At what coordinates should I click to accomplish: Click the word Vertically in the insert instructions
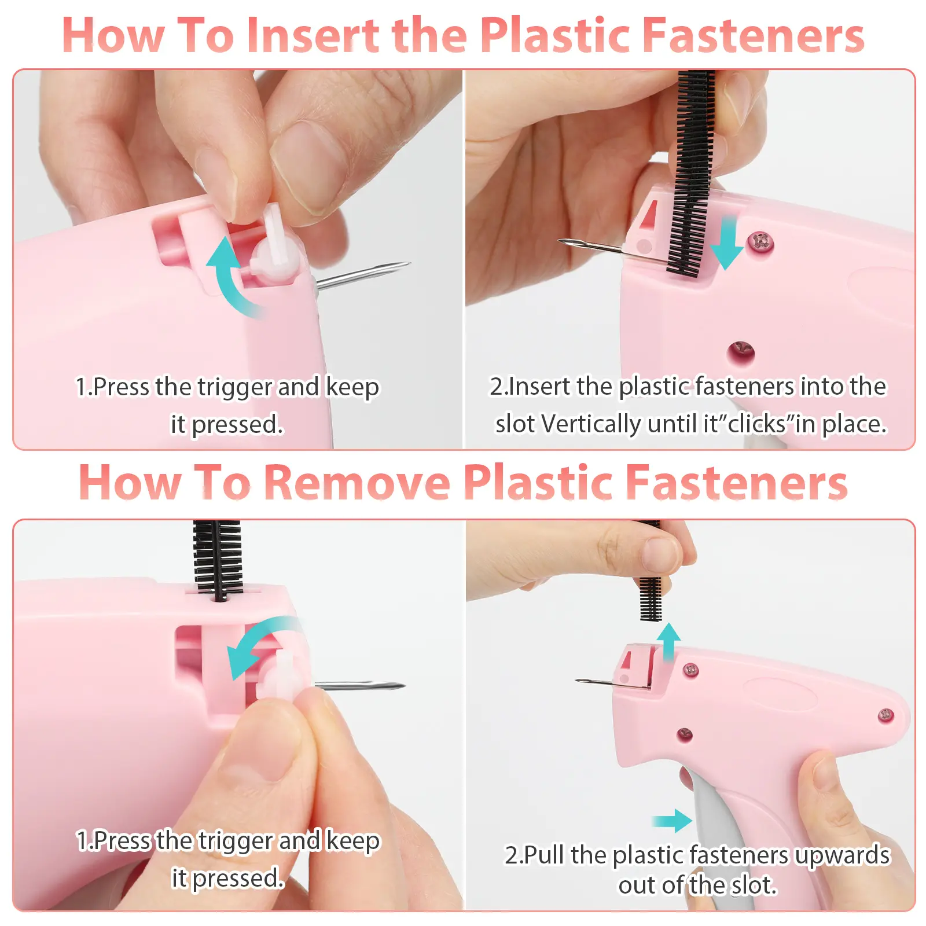[591, 424]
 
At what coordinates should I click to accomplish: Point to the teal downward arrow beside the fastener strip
[726, 243]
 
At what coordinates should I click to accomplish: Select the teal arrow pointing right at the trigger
[671, 821]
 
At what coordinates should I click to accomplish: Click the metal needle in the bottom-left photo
[359, 686]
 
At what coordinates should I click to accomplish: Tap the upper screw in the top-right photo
[760, 241]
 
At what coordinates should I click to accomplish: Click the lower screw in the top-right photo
[741, 351]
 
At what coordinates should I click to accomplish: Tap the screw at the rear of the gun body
[885, 716]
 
